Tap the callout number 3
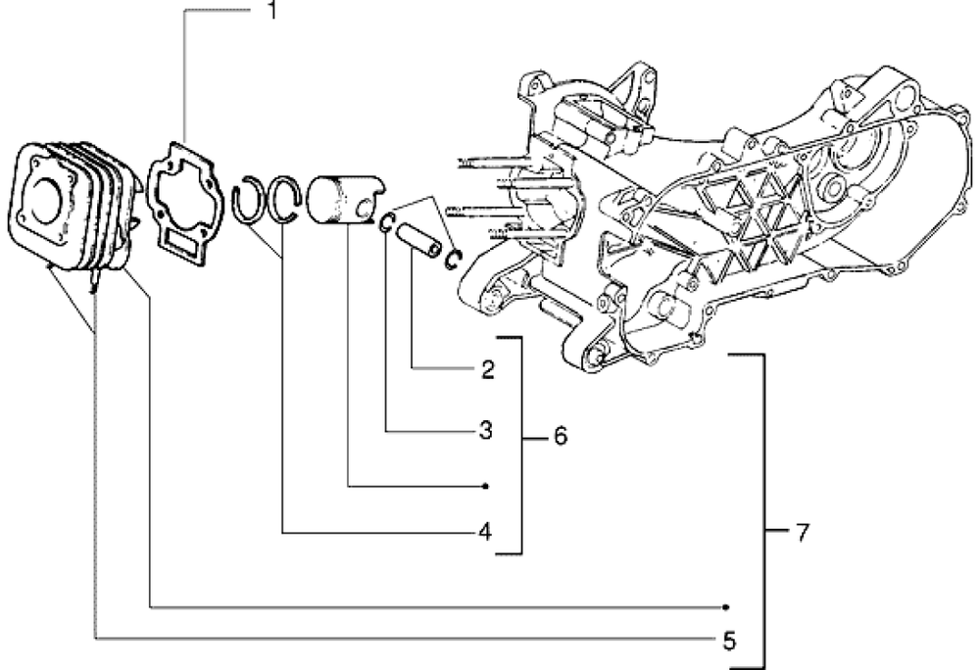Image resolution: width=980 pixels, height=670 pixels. tap(485, 429)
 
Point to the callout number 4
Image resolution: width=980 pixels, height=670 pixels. tap(484, 532)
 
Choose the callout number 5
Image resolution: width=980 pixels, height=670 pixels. tap(728, 641)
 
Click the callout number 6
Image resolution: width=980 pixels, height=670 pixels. tap(560, 436)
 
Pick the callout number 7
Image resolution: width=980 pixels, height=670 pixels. tap(803, 533)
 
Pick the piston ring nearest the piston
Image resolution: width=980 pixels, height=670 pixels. tap(287, 201)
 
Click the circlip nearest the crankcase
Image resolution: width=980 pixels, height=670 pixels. tap(455, 258)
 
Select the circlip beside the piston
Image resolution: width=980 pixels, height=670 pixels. tap(387, 224)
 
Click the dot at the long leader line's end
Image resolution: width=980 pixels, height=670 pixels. tap(727, 607)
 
